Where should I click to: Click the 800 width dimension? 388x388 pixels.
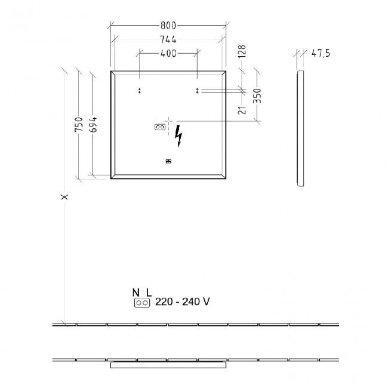[168, 26]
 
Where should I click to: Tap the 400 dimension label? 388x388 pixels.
[168, 54]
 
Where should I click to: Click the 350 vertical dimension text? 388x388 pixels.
[258, 96]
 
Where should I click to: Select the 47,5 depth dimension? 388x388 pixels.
[321, 54]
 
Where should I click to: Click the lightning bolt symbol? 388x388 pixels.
[178, 136]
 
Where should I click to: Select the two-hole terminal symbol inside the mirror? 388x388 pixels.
[159, 127]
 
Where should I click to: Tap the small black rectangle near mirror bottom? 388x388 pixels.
[168, 161]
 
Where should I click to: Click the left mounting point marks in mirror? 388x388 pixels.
[139, 91]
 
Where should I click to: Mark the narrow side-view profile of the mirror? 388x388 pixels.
[300, 128]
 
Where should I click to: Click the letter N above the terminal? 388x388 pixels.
[136, 292]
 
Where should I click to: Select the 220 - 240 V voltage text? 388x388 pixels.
[182, 303]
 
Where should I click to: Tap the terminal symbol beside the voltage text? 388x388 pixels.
[142, 303]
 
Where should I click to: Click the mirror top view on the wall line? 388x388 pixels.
[168, 362]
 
